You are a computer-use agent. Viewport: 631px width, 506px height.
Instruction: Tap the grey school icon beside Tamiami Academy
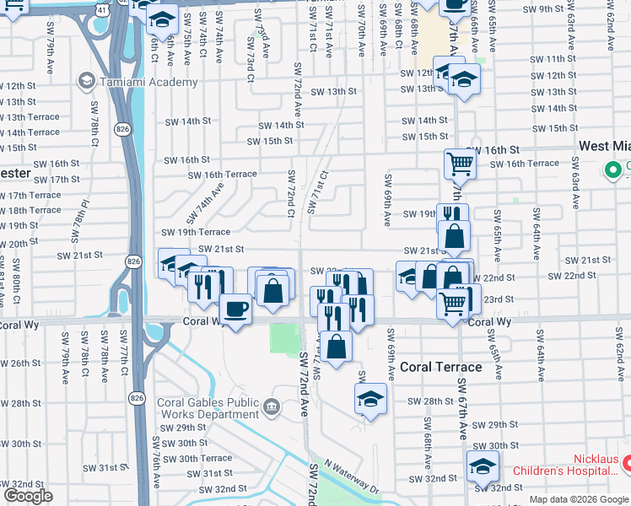pos(86,81)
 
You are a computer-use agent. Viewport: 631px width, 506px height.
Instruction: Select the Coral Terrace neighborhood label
pos(440,367)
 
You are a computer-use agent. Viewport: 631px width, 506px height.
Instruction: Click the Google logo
pos(28,497)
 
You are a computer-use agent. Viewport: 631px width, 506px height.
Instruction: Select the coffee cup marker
pos(235,309)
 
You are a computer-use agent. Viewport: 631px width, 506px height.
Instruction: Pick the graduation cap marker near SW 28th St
pos(370,400)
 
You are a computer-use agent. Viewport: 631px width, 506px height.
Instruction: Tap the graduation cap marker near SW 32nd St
pos(483,466)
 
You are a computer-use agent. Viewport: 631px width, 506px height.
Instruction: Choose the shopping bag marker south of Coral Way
pos(336,347)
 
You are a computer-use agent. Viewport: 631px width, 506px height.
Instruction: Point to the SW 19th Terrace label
pos(195,232)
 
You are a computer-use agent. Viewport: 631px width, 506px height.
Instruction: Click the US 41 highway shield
pos(101,8)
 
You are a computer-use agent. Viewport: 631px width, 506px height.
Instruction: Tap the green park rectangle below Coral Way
pos(283,339)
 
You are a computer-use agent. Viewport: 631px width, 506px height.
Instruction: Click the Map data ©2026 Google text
pos(579,499)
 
